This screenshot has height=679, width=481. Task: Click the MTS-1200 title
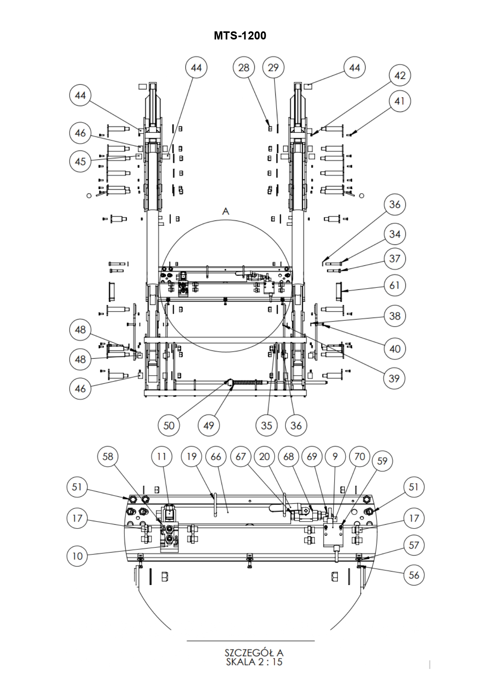[240, 36]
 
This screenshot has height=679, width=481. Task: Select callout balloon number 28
[244, 68]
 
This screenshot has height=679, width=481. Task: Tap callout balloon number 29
[273, 68]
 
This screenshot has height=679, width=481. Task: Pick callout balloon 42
[400, 75]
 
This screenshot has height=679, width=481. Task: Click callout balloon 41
[400, 101]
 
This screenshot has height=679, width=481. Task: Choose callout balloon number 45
[80, 161]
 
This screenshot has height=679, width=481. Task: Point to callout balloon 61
[395, 286]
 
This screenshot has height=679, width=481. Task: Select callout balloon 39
[394, 378]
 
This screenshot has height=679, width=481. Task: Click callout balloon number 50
[169, 426]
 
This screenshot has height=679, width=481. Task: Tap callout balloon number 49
[209, 426]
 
